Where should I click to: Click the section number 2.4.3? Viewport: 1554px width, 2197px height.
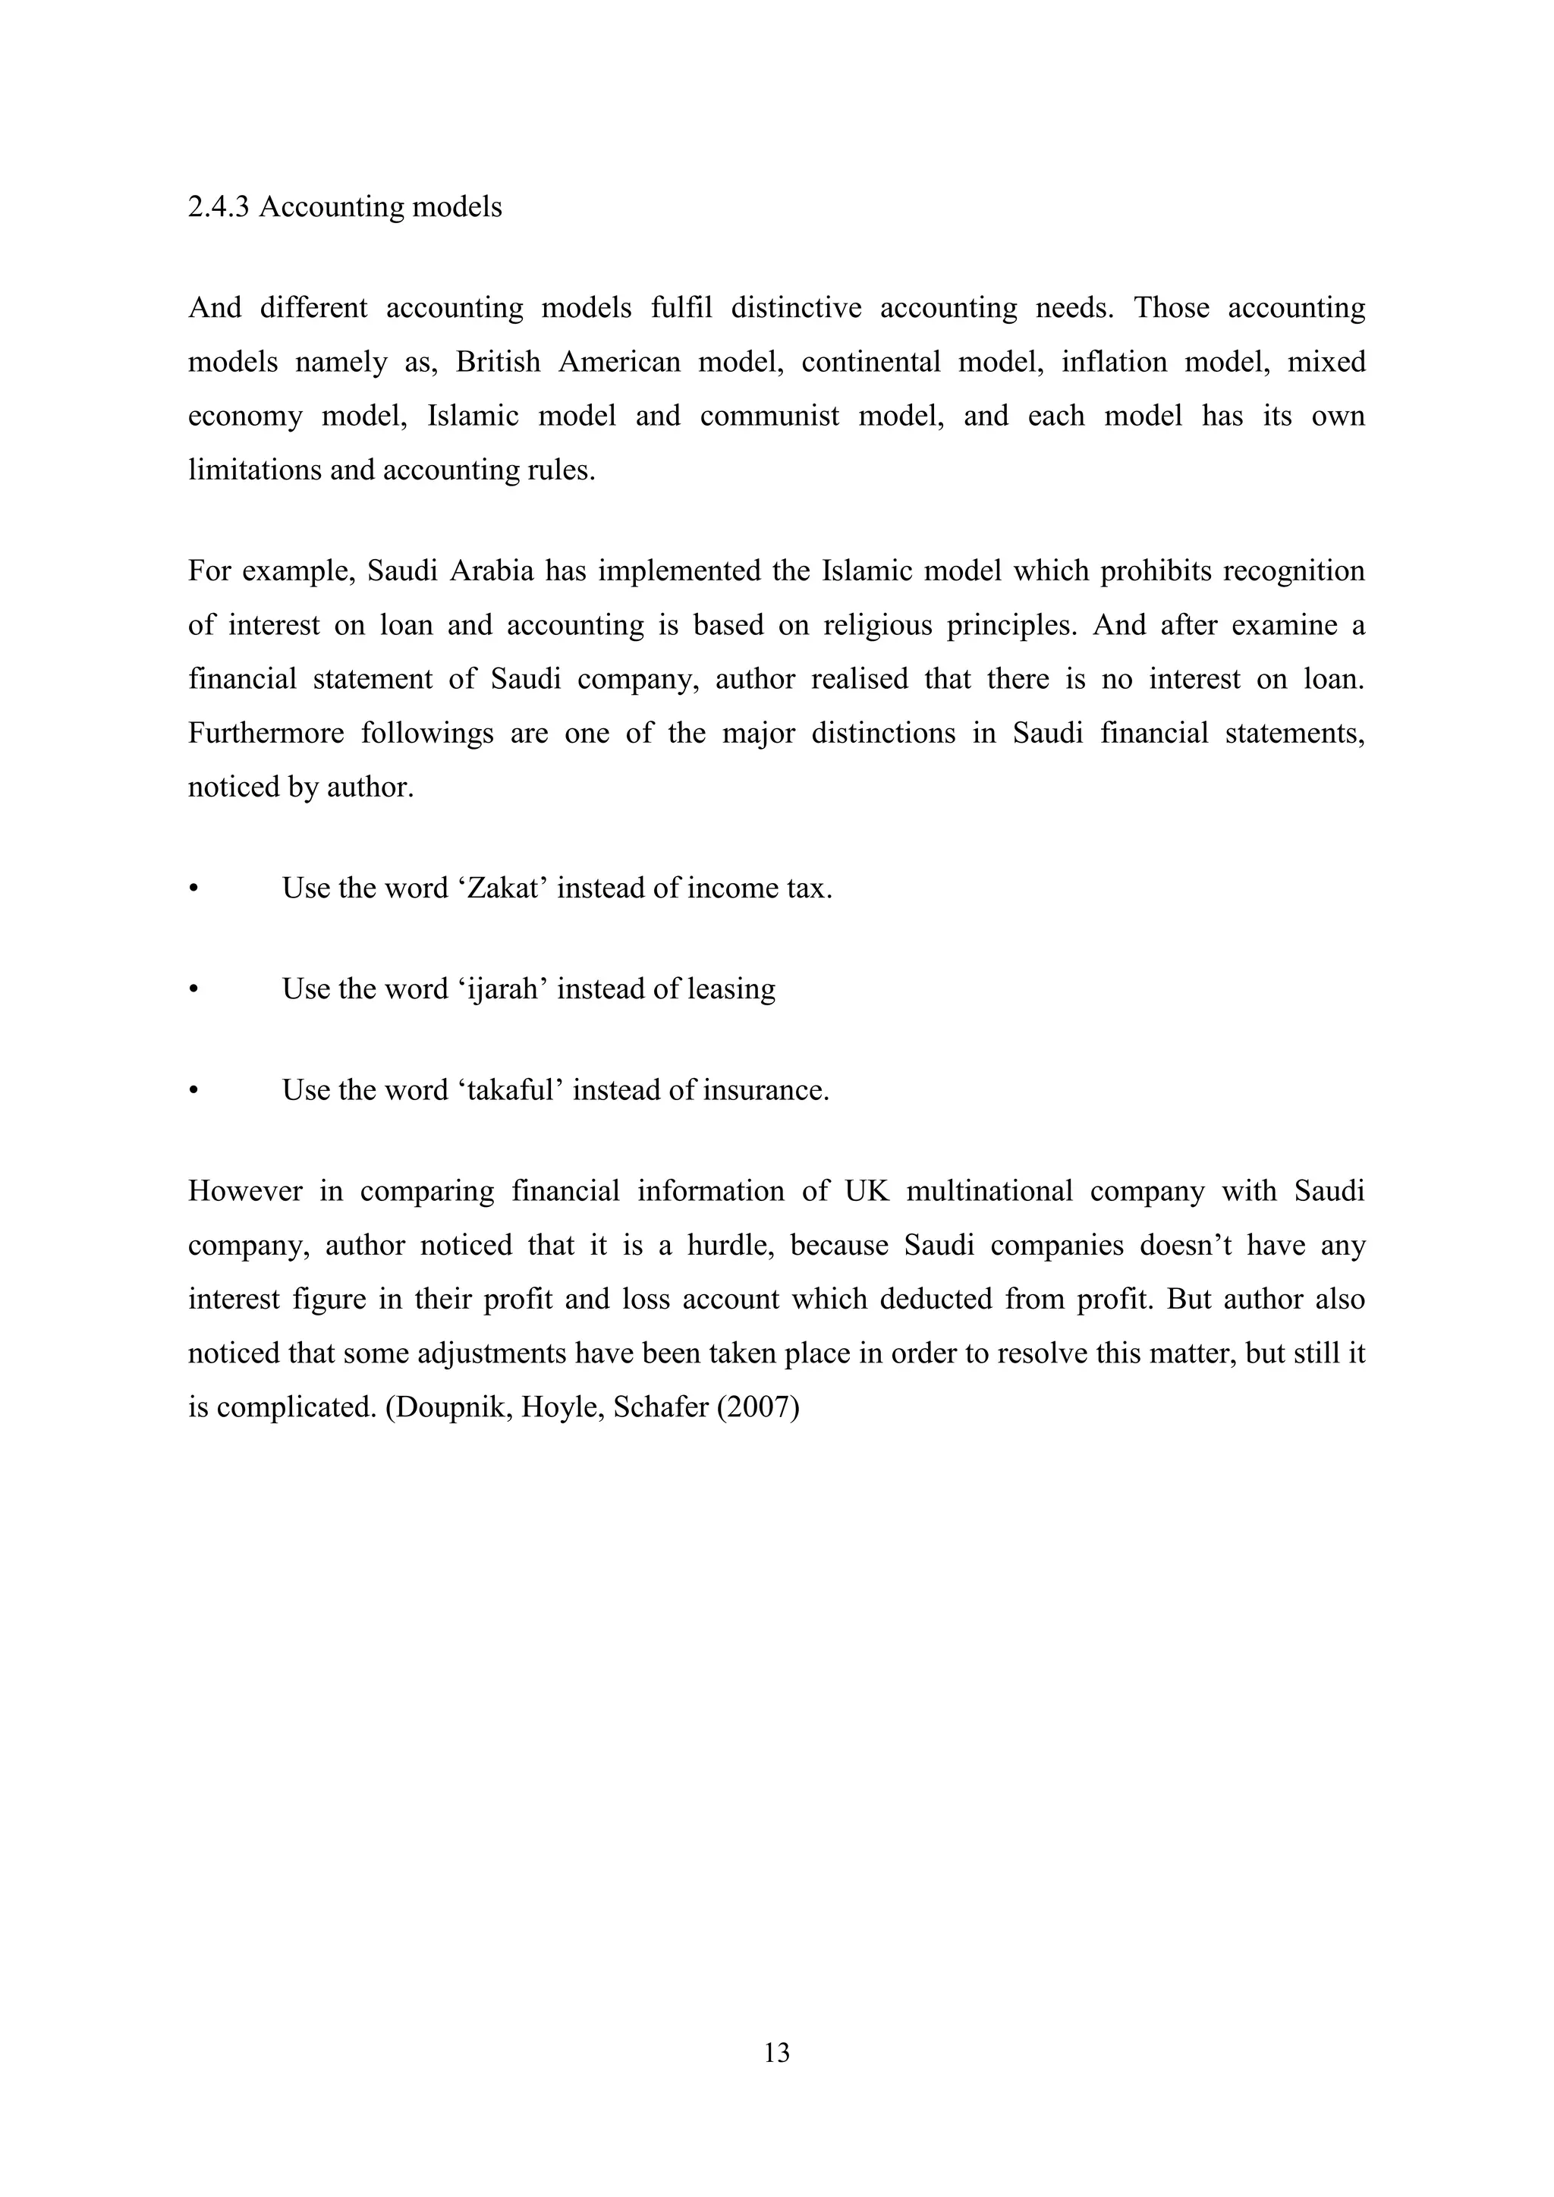(219, 208)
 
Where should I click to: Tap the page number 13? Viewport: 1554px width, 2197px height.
(776, 2053)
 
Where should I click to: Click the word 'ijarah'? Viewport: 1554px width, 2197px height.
(502, 988)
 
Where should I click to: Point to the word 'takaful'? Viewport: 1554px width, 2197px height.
(509, 1090)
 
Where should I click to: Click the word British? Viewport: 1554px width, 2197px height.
(498, 362)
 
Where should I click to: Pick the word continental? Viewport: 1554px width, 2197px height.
(871, 362)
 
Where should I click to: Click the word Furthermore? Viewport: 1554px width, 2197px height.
(266, 733)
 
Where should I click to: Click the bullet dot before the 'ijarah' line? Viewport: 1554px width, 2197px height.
(193, 989)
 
